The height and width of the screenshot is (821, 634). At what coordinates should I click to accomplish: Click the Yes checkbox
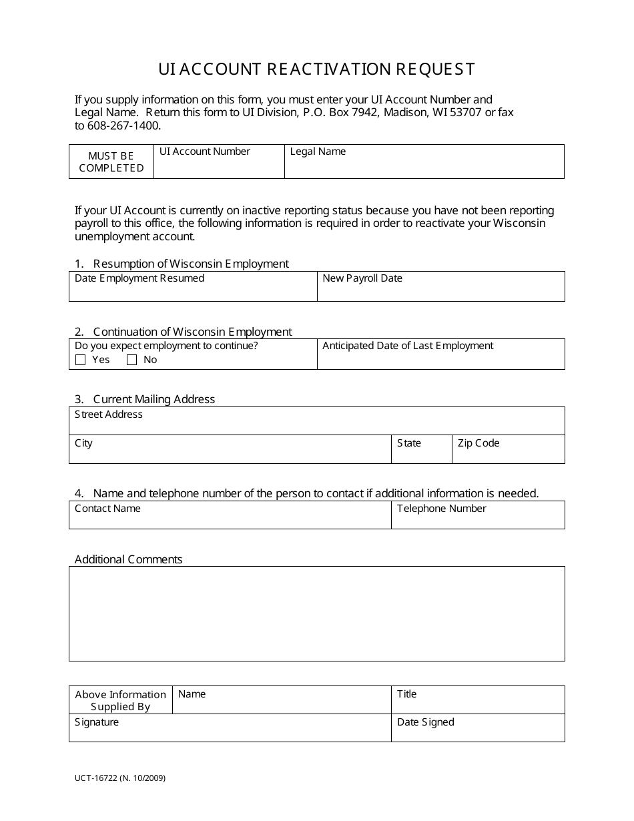pos(81,360)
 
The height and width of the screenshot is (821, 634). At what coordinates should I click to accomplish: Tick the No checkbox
pos(131,360)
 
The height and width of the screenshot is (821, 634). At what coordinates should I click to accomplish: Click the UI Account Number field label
pos(204,152)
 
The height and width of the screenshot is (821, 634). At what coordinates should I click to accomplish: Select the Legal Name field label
pos(318,152)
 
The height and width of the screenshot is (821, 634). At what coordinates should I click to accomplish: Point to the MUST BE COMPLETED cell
pos(111,162)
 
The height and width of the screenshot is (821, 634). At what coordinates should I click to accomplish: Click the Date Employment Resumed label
pos(139,278)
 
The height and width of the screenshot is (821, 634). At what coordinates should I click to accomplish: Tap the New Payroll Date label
pos(362,278)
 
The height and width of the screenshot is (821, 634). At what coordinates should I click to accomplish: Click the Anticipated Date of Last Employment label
pos(408,346)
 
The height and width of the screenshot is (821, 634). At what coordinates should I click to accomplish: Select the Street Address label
pos(109,415)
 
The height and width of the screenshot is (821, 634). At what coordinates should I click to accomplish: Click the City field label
pos(83,443)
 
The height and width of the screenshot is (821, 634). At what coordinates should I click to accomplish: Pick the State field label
pos(409,443)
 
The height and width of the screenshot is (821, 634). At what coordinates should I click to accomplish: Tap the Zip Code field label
pos(479,443)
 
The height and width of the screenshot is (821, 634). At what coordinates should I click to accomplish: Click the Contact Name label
pos(107,509)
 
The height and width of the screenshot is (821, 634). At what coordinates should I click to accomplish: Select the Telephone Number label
pos(442,509)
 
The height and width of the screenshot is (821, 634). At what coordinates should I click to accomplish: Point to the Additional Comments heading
pos(128,559)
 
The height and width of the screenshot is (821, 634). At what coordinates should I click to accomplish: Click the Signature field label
pos(97,722)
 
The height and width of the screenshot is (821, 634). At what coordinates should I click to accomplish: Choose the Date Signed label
pos(425,722)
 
